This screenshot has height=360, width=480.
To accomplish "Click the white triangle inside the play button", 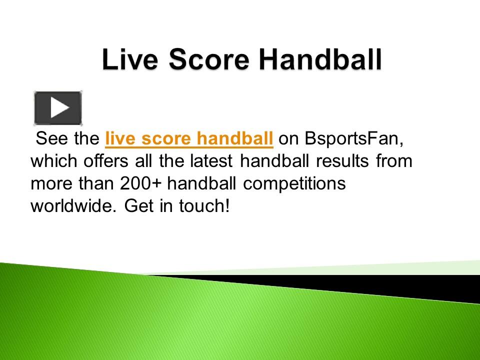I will [59, 107].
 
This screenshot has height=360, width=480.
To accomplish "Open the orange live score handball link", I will [189, 139].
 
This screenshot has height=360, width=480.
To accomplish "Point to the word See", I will [52, 139].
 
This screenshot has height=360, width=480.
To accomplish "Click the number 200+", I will [141, 183].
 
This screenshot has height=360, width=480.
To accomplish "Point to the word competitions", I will [295, 183].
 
